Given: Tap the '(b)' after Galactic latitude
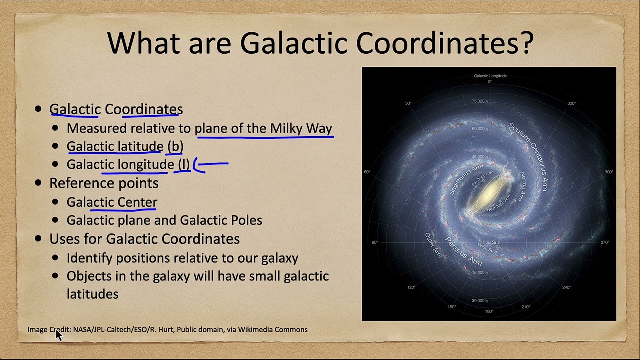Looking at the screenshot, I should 175,146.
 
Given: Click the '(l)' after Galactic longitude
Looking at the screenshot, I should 183,164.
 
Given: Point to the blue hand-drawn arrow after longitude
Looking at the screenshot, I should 212,164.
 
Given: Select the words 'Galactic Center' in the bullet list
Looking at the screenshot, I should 112,202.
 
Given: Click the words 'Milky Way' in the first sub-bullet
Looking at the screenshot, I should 301,128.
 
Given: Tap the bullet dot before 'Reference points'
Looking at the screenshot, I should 39,183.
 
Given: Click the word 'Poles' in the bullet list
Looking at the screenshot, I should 245,220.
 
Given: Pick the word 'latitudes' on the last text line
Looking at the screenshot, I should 92,294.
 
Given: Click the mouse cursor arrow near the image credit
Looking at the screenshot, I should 59,334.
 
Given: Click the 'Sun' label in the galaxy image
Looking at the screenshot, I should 496,242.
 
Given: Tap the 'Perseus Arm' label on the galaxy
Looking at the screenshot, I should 464,251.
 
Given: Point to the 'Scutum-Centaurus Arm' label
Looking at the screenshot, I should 528,155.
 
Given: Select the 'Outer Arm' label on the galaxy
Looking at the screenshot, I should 433,245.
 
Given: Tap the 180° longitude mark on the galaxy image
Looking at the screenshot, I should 489,311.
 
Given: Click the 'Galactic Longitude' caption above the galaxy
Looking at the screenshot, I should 490,76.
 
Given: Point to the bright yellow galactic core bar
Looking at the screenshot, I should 490,192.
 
